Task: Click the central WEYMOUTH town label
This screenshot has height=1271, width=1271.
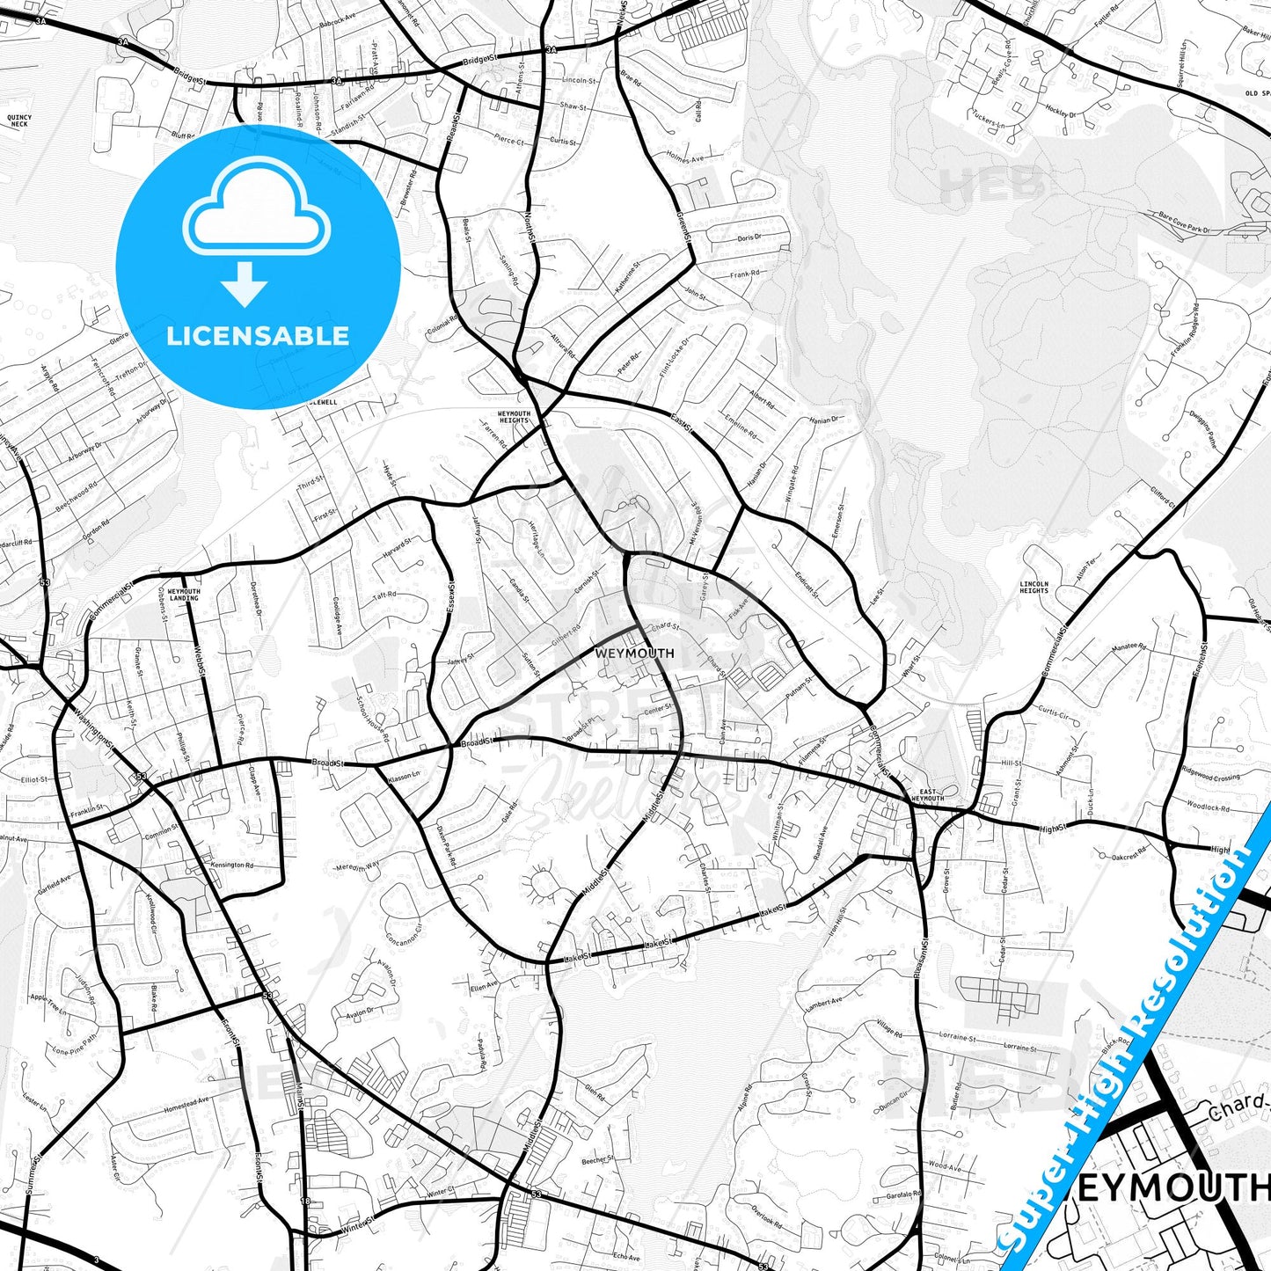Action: click(x=634, y=654)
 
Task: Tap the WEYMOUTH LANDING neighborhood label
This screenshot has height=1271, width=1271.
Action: click(x=184, y=595)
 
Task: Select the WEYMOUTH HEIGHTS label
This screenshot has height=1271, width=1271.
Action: click(x=514, y=417)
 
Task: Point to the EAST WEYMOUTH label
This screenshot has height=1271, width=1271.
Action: click(x=928, y=795)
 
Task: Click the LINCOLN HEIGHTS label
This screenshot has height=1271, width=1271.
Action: click(x=1034, y=587)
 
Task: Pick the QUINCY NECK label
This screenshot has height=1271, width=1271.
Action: click(x=18, y=121)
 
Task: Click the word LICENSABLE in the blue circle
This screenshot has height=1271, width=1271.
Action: click(x=258, y=336)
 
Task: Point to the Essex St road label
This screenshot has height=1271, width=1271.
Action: click(x=450, y=599)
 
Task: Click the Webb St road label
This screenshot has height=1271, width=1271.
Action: click(x=201, y=665)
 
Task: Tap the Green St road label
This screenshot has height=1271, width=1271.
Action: click(x=683, y=224)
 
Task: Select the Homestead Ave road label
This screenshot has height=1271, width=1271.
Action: click(x=186, y=1104)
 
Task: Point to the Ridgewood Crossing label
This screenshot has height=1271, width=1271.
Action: click(x=1212, y=776)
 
